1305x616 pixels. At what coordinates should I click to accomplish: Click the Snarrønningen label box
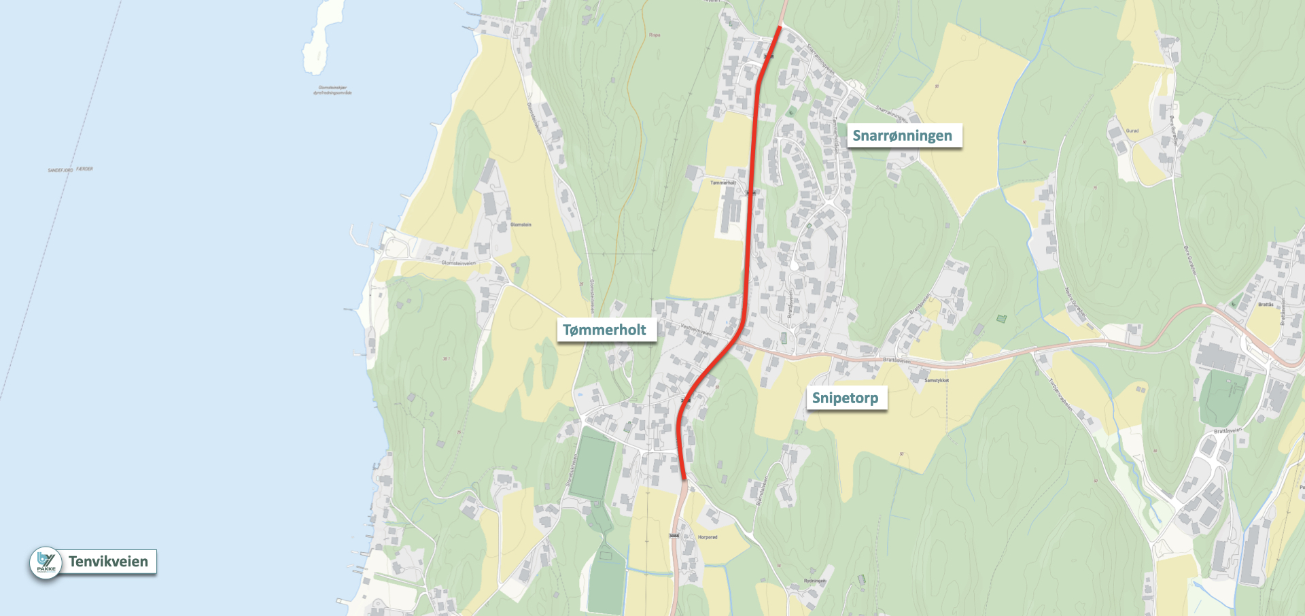click(902, 135)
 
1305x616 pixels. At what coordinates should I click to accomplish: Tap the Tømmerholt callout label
click(604, 330)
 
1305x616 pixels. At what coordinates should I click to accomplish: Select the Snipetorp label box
click(845, 398)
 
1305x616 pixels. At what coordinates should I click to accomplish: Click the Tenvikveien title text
click(108, 562)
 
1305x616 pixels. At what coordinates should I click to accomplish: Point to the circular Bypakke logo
click(46, 563)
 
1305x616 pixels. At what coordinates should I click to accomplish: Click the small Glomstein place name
click(521, 224)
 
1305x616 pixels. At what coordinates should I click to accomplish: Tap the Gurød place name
click(1132, 131)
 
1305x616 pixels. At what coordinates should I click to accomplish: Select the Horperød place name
click(708, 537)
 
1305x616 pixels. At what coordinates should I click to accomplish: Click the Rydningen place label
click(815, 581)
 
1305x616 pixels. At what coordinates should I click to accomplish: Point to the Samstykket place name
click(936, 380)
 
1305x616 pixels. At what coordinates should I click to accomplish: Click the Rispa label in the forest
click(655, 35)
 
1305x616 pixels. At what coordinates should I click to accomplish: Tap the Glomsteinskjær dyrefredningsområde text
click(332, 90)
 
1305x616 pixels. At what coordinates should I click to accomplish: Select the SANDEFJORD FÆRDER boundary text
click(70, 169)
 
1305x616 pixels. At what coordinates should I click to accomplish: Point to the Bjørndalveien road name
click(762, 490)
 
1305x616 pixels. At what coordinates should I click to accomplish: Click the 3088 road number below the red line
click(674, 536)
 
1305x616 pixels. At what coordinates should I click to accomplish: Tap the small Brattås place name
click(1266, 305)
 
